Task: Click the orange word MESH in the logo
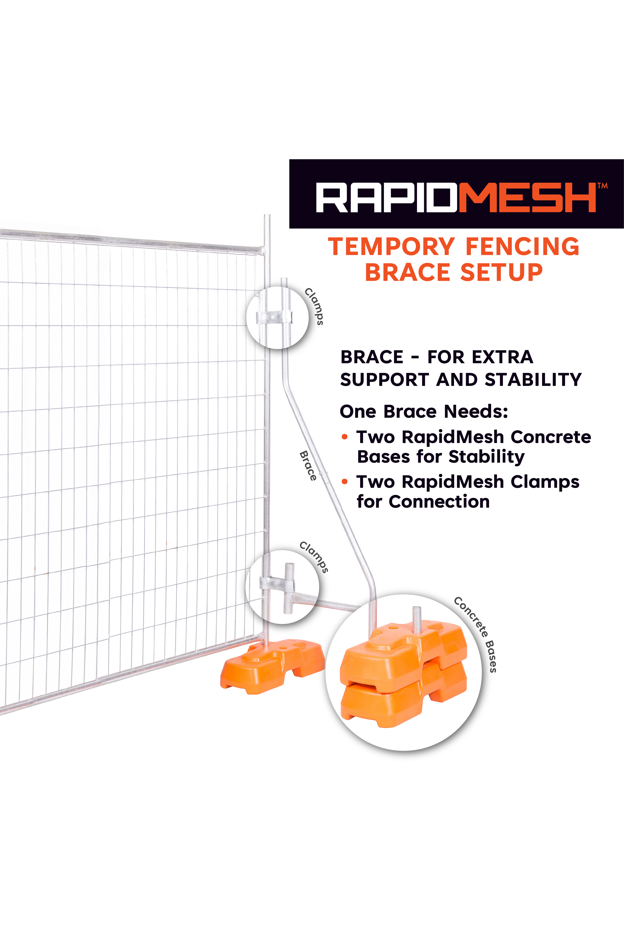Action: pyautogui.click(x=527, y=197)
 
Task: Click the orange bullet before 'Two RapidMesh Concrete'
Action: pyautogui.click(x=345, y=437)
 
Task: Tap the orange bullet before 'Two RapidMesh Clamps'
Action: pyautogui.click(x=345, y=482)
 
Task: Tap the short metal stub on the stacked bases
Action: pyautogui.click(x=417, y=619)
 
